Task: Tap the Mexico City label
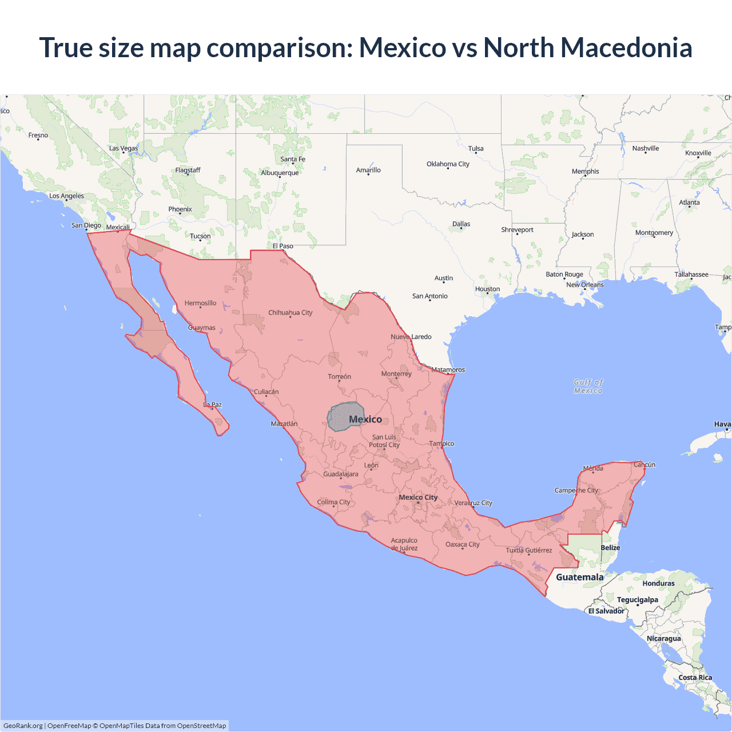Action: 418,497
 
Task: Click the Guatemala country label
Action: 579,577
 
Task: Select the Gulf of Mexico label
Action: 588,386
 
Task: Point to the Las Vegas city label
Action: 124,148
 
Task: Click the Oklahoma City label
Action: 448,164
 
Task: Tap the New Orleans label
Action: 584,285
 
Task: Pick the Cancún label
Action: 645,464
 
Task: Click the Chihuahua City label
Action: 291,313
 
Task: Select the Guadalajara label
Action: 341,474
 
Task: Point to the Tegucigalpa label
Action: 637,600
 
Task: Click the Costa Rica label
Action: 695,678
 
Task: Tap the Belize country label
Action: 610,548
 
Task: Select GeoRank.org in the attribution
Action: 23,726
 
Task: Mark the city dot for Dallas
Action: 462,228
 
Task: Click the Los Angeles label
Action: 66,196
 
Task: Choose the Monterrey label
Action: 396,374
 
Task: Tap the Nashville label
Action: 646,149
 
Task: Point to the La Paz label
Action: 213,405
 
